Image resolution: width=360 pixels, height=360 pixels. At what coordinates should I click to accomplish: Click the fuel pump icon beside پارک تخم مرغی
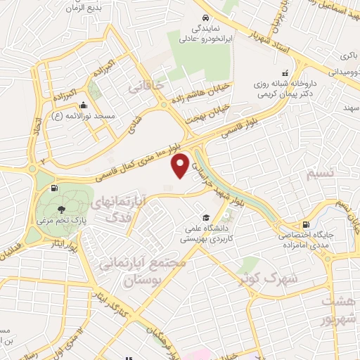click(x=54, y=188)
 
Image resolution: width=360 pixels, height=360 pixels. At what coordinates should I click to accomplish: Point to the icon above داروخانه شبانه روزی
click(x=285, y=72)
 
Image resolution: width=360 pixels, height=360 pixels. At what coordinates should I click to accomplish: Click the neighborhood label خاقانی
click(x=145, y=88)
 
